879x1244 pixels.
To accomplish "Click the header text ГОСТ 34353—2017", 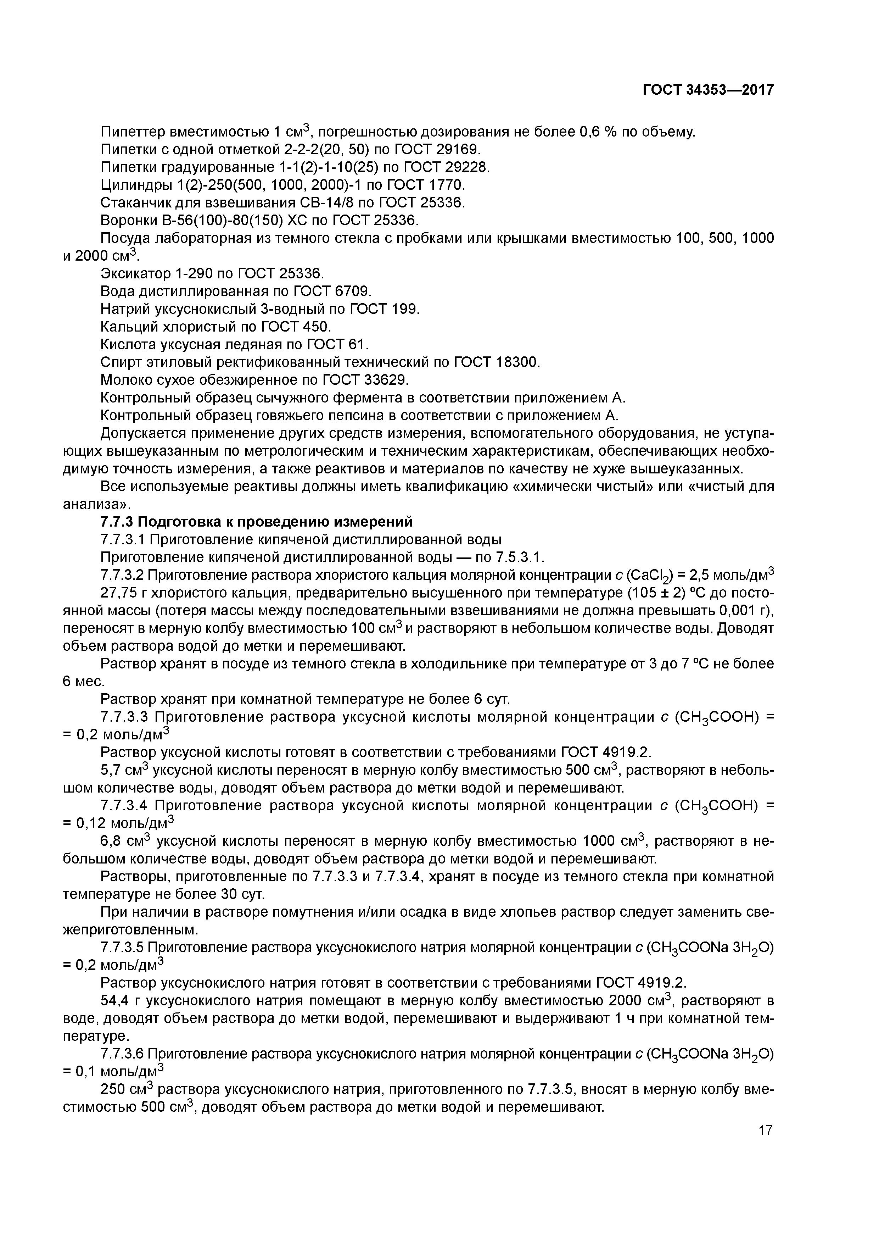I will point(708,90).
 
